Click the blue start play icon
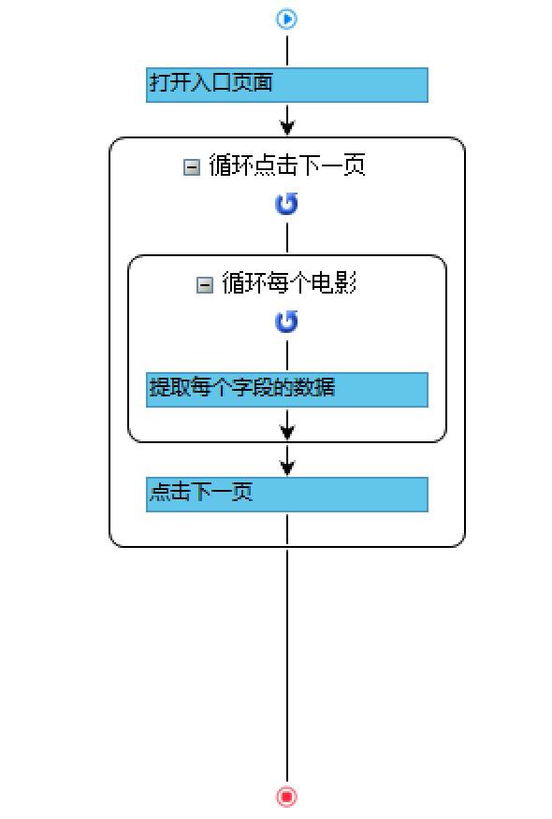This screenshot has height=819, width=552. point(286,19)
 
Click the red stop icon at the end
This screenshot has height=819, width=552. point(286,797)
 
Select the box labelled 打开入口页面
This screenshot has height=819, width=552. point(287,85)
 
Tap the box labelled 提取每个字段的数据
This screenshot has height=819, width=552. point(287,390)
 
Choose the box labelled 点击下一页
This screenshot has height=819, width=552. point(287,495)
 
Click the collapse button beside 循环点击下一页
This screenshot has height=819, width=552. point(192,167)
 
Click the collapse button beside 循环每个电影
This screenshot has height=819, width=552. point(204,285)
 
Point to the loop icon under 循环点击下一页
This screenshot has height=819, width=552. point(286,204)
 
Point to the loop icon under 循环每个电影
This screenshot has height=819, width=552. point(286,322)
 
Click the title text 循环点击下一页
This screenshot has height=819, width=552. point(287,165)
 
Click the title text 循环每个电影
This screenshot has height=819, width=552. point(289,283)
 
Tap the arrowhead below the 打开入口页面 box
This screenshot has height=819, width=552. point(287,127)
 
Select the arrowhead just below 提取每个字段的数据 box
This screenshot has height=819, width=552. point(287,431)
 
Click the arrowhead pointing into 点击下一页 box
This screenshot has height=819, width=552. point(287,467)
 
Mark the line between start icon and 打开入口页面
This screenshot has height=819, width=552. point(287,50)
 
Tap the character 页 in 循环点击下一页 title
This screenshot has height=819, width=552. point(355,165)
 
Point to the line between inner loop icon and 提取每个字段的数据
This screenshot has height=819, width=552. point(287,356)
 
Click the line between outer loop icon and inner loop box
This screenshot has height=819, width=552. point(287,238)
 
